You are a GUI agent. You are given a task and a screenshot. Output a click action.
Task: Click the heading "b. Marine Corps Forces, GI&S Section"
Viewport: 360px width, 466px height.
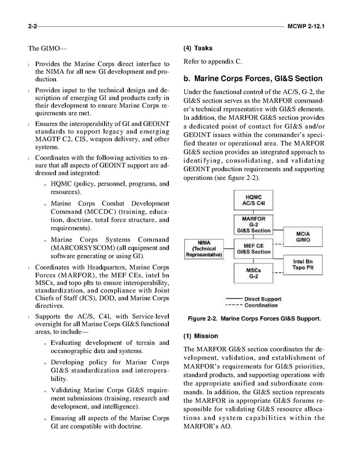coord(253,79)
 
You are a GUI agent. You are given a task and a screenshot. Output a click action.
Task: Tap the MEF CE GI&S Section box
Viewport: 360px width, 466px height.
coord(253,249)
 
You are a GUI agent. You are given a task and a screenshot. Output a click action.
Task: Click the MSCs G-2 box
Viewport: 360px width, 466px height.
coord(253,273)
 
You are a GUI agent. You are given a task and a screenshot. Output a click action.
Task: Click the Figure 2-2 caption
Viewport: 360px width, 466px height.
coord(254,319)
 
